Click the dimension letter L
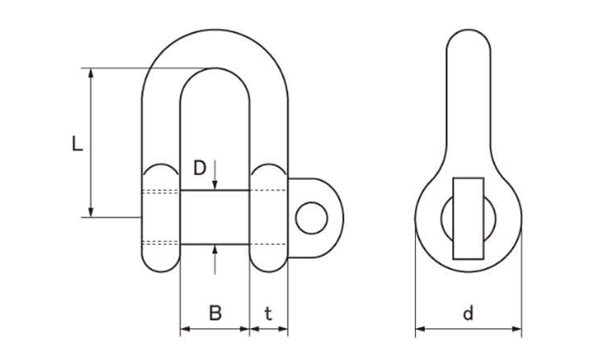click(x=78, y=143)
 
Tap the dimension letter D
click(x=199, y=167)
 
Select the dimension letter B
click(x=215, y=313)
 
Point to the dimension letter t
click(x=268, y=314)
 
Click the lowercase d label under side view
click(x=468, y=313)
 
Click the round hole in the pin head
click(x=311, y=218)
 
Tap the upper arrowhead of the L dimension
click(x=90, y=73)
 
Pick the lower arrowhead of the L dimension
click(x=90, y=212)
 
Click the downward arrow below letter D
click(x=214, y=175)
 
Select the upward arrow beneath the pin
click(x=214, y=259)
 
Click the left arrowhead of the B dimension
click(x=186, y=329)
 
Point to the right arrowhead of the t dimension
click(x=282, y=329)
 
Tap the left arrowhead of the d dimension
click(x=421, y=329)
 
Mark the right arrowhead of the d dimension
click(x=517, y=329)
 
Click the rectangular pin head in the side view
click(x=468, y=218)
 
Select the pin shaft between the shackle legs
click(x=214, y=217)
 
